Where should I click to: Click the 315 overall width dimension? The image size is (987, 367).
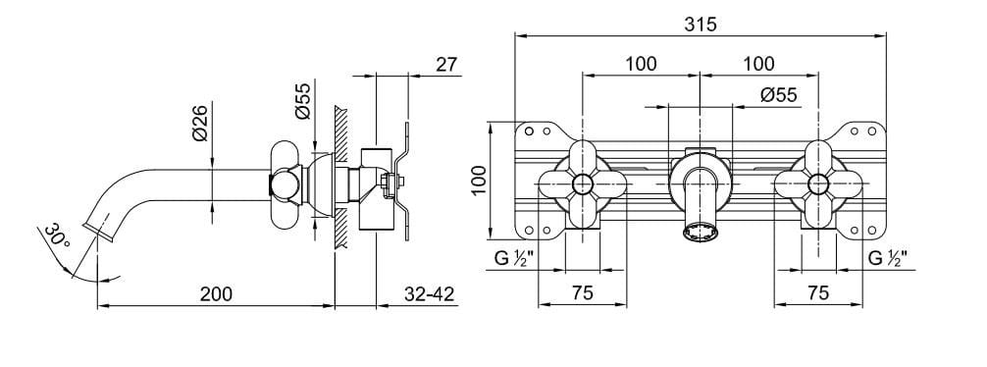[x=701, y=25]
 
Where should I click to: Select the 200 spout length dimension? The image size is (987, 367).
[x=216, y=294]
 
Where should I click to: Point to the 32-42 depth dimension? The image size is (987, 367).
[x=430, y=294]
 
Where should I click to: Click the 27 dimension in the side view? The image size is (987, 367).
[x=446, y=64]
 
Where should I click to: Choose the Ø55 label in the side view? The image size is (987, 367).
[x=303, y=101]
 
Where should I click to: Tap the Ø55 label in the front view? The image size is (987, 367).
[x=779, y=95]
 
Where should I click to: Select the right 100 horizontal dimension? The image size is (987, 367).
[x=758, y=64]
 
